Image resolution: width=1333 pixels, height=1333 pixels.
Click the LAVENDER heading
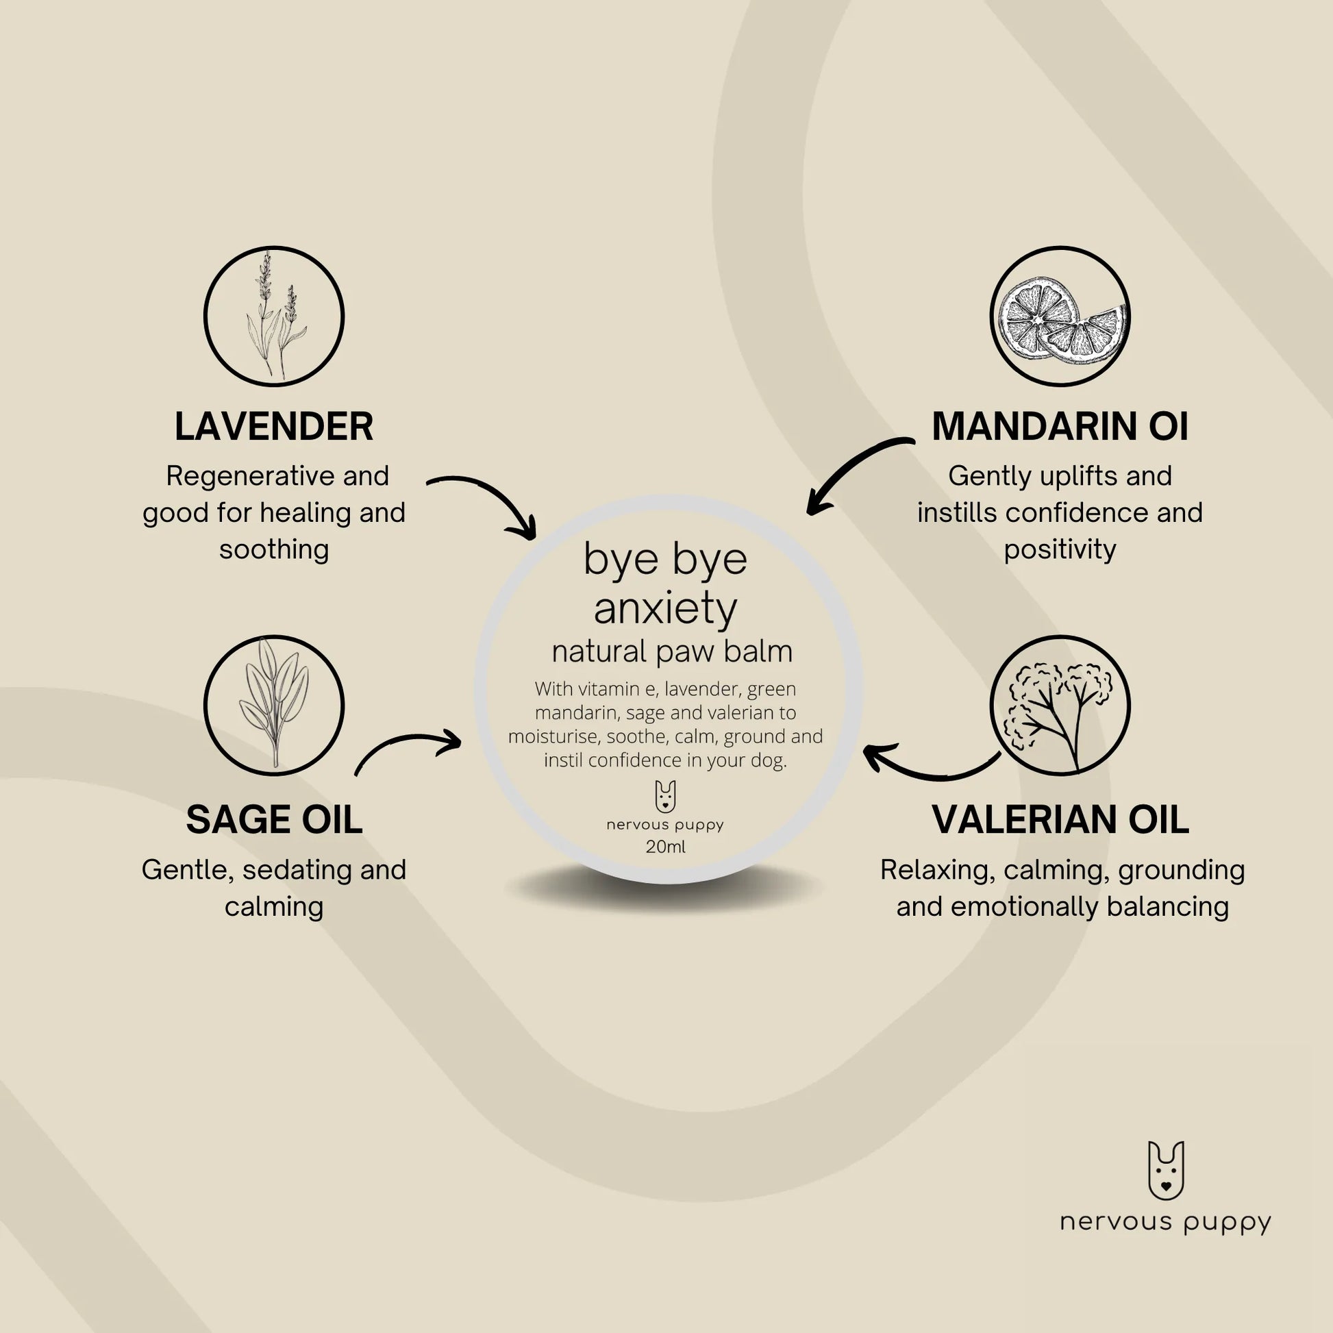point(274,425)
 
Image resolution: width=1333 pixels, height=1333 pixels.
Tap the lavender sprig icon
point(274,316)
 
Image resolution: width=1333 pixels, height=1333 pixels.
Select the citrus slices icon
point(1060,316)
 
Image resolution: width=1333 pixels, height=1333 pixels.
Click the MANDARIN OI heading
point(1060,425)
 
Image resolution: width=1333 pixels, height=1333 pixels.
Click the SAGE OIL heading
point(274,820)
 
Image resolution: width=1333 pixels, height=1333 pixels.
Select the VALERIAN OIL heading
point(1060,820)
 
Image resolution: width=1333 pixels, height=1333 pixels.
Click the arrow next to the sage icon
point(407,743)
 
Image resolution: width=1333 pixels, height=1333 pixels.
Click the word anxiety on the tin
point(666,608)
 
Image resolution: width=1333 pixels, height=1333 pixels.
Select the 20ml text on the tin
point(666,847)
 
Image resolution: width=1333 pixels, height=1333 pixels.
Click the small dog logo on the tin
point(665,796)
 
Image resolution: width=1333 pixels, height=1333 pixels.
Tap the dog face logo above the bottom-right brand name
point(1166,1170)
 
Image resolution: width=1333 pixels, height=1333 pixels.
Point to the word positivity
point(1060,550)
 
